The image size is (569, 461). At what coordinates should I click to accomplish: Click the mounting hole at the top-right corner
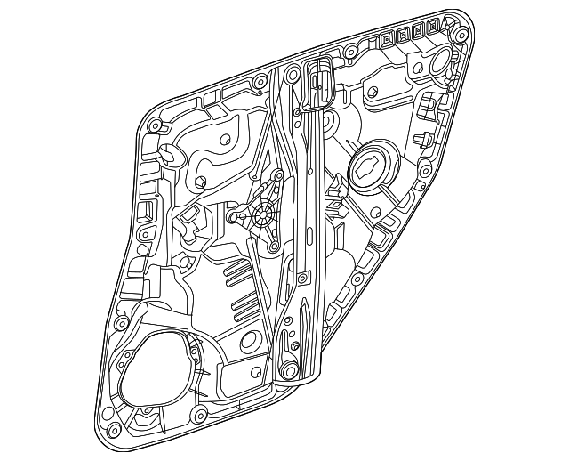click(x=461, y=34)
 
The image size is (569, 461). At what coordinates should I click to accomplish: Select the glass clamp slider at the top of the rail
click(x=317, y=85)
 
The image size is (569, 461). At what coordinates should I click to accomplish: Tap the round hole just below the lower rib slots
click(x=251, y=338)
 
